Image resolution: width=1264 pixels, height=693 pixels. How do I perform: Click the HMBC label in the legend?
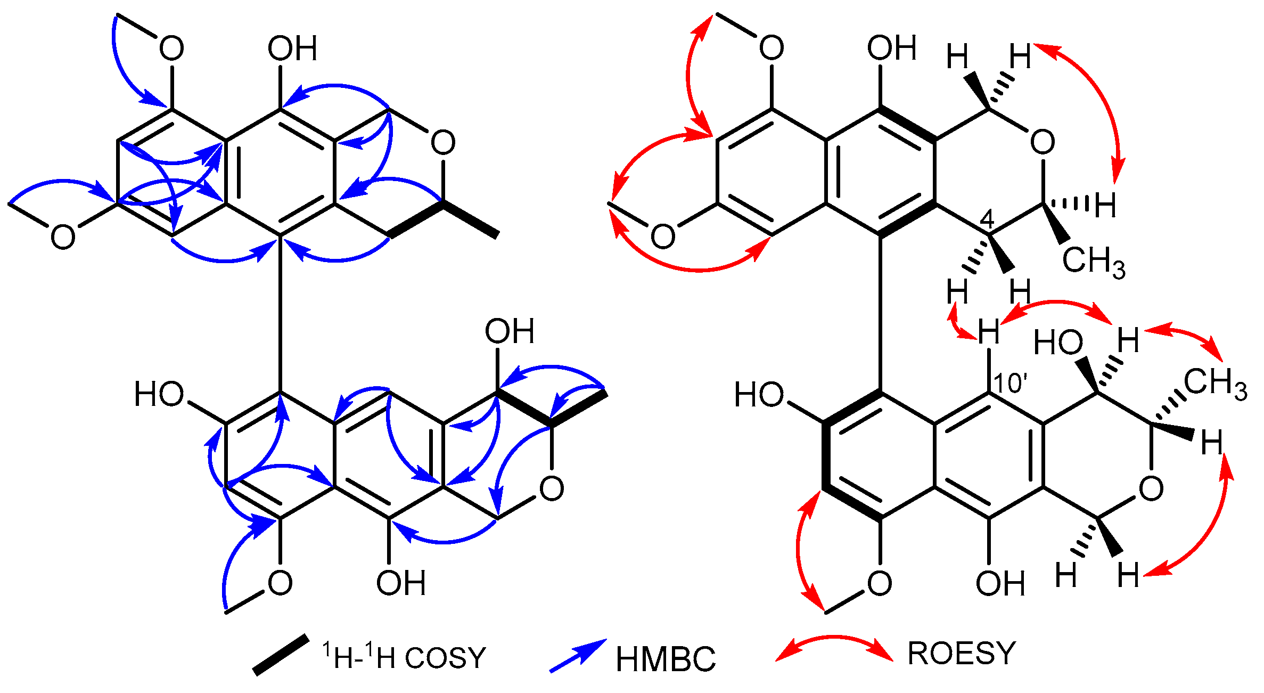[x=666, y=659]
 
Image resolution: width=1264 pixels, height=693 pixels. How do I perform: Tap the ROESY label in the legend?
[x=962, y=654]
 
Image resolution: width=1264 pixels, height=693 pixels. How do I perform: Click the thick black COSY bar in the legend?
[x=281, y=655]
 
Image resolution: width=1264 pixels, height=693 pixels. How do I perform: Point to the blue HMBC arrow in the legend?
[x=578, y=656]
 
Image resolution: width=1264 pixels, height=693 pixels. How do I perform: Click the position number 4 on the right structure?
[x=987, y=219]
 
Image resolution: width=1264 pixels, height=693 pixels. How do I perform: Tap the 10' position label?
[x=1010, y=384]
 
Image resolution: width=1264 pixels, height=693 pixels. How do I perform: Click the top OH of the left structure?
[x=292, y=48]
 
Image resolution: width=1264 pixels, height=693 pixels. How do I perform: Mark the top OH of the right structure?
[x=892, y=48]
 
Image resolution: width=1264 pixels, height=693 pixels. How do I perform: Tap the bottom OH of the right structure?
[x=1000, y=584]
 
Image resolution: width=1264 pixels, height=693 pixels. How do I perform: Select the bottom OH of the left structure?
[x=401, y=584]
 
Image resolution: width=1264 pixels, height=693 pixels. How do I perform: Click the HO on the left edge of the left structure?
[x=159, y=395]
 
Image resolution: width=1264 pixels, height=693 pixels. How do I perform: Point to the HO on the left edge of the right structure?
[x=759, y=395]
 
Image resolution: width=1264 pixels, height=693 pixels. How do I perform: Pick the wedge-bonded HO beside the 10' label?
[x=1058, y=343]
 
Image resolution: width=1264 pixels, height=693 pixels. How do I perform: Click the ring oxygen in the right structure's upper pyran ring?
[x=1043, y=143]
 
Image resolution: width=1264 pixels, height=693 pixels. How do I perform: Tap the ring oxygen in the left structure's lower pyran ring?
[x=552, y=488]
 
